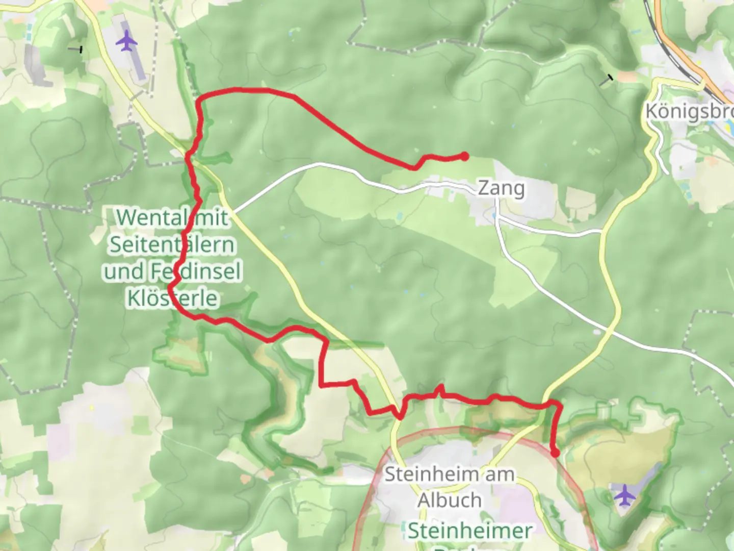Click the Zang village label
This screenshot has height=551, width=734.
click(x=501, y=188)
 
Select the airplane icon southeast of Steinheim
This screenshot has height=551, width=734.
click(x=625, y=495)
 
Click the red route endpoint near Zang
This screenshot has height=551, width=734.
click(x=464, y=157)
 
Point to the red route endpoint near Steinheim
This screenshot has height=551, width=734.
click(x=555, y=453)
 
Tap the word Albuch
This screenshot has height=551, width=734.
click(x=449, y=500)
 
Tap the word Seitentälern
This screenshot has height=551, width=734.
click(x=172, y=245)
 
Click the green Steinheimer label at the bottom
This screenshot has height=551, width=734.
click(x=469, y=531)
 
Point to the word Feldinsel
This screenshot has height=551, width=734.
click(x=195, y=271)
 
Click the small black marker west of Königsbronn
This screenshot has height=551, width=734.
click(x=609, y=78)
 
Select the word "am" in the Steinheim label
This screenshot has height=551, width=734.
click(x=500, y=474)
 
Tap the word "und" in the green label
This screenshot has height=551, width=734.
click(x=124, y=271)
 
